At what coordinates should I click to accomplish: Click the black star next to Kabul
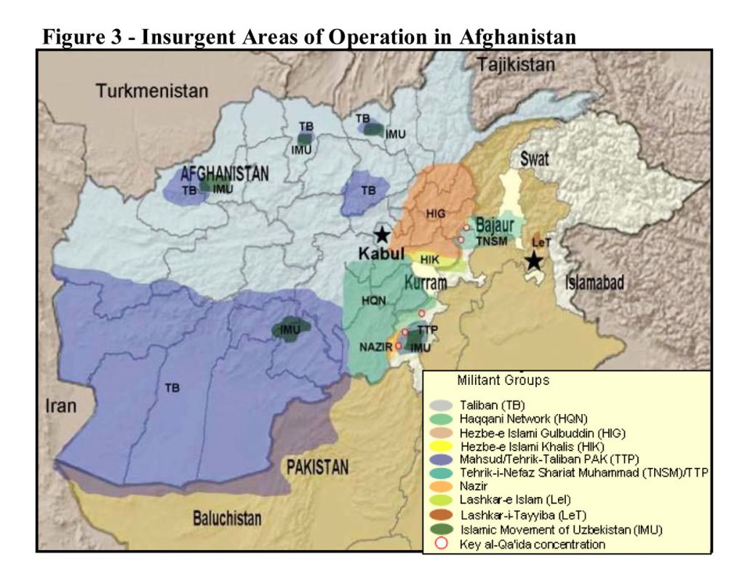click(382, 234)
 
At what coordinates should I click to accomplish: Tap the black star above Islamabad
click(535, 260)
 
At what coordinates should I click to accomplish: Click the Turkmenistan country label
click(151, 92)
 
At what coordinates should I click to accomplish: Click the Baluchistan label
click(226, 518)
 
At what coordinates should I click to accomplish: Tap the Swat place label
click(534, 159)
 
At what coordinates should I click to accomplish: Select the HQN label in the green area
click(373, 299)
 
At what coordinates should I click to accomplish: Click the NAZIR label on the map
click(376, 346)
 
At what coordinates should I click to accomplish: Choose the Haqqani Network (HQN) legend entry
click(522, 418)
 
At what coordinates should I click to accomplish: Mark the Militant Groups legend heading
click(503, 380)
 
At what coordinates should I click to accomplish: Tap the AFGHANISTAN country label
click(225, 174)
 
